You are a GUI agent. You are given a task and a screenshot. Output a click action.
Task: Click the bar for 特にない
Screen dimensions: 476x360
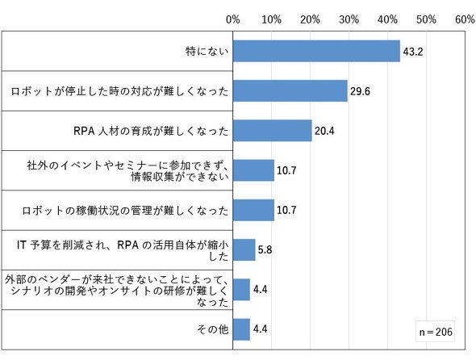316,51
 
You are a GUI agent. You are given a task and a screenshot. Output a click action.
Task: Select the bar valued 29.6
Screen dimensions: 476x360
290,91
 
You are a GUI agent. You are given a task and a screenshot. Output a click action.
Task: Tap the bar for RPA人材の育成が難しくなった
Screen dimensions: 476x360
273,131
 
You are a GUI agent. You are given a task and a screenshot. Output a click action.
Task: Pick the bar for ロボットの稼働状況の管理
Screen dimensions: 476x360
253,210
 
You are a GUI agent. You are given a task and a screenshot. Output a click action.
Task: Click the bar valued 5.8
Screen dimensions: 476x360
244,249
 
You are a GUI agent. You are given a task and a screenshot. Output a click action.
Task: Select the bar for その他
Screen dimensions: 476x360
241,329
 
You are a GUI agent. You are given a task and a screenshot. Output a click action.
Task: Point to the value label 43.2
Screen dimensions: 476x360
413,52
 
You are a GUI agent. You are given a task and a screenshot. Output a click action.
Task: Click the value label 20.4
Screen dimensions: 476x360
324,131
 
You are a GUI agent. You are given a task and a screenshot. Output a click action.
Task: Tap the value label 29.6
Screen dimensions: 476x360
360,91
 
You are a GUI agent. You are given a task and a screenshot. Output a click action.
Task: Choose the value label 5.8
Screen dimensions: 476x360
265,250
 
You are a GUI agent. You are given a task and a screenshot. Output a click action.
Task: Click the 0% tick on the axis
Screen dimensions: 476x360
233,19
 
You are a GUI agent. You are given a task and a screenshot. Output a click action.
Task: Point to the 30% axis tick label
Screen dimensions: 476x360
349,19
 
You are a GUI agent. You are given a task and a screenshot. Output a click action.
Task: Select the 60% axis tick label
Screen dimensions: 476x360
465,19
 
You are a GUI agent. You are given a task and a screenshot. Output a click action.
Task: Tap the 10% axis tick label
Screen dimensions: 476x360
271,19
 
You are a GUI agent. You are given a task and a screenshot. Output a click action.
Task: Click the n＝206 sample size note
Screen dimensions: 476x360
436,332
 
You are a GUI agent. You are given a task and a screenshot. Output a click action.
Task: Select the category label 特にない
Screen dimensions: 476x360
207,51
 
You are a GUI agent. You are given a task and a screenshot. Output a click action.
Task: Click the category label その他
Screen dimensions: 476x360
212,329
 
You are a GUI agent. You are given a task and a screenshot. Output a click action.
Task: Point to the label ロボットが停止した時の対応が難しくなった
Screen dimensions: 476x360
119,91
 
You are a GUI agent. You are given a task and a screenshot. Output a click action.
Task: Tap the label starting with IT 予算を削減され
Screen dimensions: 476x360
123,250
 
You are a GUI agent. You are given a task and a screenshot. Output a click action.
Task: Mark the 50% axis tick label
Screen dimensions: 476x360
426,19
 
